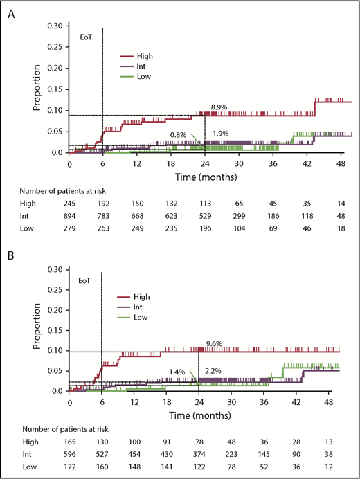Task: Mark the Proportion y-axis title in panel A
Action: point(37,91)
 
